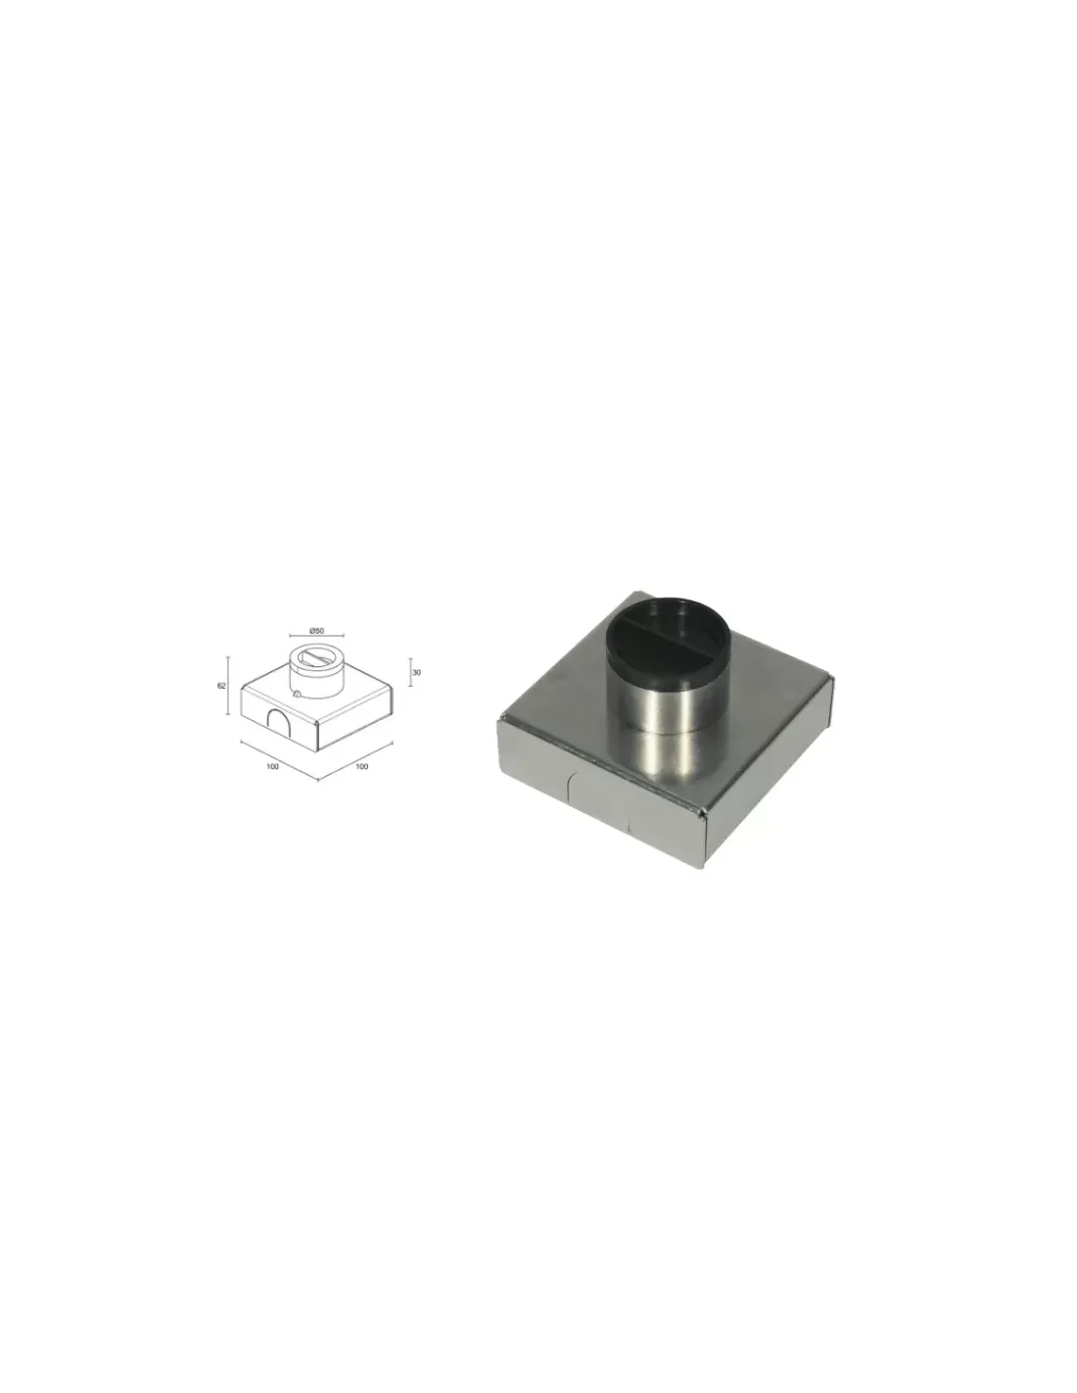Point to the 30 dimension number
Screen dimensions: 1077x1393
click(x=416, y=672)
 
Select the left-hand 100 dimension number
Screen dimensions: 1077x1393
click(x=272, y=766)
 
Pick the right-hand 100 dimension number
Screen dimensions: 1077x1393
click(x=361, y=766)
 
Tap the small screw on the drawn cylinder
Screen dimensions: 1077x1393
click(x=296, y=693)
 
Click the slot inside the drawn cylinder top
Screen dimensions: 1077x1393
click(x=316, y=656)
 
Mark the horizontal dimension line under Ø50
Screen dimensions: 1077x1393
click(x=316, y=637)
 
